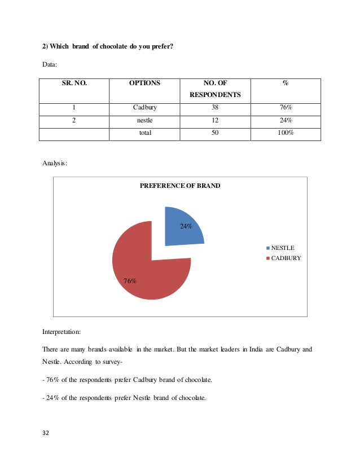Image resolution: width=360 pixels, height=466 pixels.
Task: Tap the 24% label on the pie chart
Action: coord(186,226)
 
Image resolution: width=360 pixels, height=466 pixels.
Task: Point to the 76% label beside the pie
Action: coord(130,280)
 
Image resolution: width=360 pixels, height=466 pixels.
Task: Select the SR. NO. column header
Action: coord(74,83)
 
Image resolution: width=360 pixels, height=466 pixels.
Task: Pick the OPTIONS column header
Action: coord(144,83)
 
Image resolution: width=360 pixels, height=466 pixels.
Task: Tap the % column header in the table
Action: coord(286,83)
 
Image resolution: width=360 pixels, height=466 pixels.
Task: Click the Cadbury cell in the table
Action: coord(144,108)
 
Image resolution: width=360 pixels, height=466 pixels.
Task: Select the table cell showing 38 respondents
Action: coord(215,108)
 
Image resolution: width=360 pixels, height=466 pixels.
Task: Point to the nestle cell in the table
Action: coord(144,121)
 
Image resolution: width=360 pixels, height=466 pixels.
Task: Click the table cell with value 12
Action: coord(215,121)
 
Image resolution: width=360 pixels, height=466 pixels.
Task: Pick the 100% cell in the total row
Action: coord(286,133)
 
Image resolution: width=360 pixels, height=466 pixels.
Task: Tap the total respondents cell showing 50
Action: coord(215,133)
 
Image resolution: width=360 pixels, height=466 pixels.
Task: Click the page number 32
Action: coord(46,433)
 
